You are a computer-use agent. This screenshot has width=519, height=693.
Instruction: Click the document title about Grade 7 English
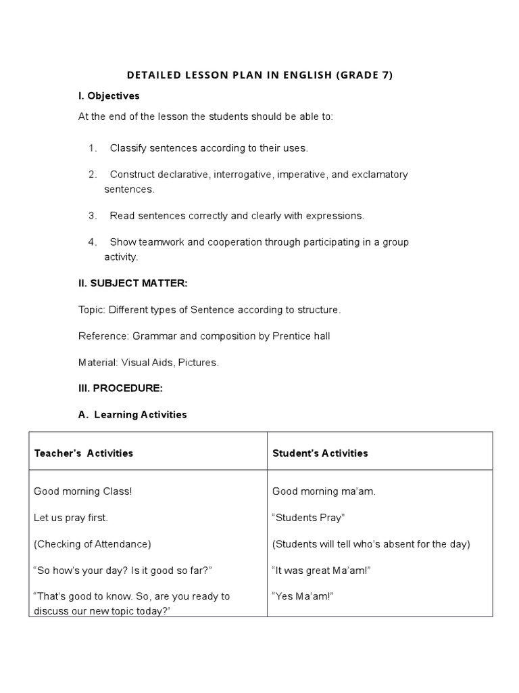259,75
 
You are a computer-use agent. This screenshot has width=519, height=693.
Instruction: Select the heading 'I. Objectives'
109,96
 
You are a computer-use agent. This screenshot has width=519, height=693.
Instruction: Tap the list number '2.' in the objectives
93,175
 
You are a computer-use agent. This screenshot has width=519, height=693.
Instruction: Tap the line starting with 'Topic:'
209,309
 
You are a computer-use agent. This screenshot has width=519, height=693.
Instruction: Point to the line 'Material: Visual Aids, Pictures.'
149,362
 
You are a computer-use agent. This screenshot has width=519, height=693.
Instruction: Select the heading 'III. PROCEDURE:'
120,388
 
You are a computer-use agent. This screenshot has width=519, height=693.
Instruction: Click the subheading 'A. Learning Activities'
132,414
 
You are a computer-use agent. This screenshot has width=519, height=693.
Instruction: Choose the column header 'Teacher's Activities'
83,453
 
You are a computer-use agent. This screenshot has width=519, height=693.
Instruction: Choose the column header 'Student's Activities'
320,453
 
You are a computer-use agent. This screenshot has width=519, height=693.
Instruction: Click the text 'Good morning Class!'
83,491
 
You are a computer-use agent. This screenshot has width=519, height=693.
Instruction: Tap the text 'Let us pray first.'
70,518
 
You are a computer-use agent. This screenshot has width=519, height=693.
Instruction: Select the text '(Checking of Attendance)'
93,543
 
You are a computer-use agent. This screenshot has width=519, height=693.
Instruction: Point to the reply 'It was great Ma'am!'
321,571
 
